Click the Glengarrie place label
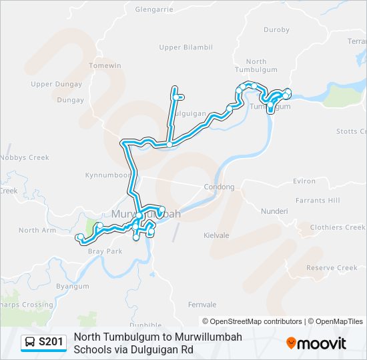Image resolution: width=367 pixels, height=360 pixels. pos(154,9)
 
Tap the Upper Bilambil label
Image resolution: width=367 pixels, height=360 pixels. pos(186,47)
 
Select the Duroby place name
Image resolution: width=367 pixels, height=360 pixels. pos(276,30)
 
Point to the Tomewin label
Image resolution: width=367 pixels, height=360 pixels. pos(105,66)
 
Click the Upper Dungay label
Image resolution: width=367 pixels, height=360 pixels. pos(56,84)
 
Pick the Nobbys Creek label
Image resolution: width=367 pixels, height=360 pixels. pos(25,158)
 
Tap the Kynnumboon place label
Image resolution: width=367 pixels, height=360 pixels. pos(107,175)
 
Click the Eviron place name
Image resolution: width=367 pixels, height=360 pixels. pos(304,181)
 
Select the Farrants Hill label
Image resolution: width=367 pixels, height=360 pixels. pos(318,200)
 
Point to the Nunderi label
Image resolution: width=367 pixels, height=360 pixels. pos(274,211)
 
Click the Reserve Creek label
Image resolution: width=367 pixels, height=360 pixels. pos(332,268)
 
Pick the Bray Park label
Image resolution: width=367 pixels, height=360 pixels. pos(105,251)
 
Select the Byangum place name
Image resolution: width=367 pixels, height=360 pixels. pos(73,286)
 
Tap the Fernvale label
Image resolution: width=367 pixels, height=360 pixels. pos(203,305)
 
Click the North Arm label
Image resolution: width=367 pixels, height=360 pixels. pos(37,230)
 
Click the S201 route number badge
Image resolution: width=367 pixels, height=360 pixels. pos(51,343)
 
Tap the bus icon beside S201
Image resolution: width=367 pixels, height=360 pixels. pos(30,343)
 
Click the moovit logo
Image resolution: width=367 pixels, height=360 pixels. pos(316,343)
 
